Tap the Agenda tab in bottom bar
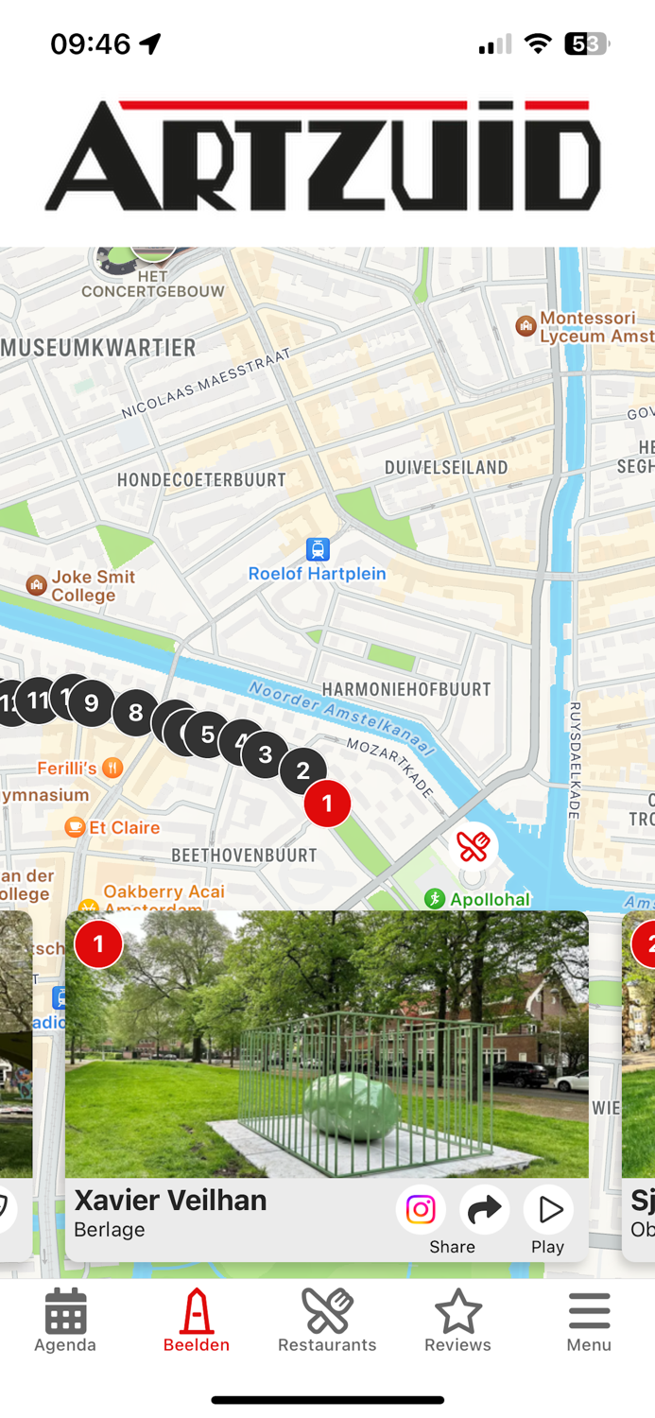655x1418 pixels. pos(65,1321)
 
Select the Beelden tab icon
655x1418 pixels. pos(197,1321)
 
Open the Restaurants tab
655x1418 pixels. pos(327,1321)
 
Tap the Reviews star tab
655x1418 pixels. pos(457,1321)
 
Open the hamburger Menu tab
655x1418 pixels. pos(589,1321)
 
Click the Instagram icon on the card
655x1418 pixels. pos(421,1209)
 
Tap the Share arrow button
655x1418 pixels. pos(484,1209)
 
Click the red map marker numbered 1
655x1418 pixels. pos(327,804)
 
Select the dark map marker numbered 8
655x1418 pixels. pos(135,713)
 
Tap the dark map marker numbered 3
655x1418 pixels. pos(266,754)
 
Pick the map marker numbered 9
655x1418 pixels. pos(92,703)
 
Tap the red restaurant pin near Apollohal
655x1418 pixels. pos(473,846)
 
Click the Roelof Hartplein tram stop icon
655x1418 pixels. pos(318,549)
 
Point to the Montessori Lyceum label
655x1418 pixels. pos(586,327)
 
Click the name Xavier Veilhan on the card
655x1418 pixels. pos(170,1201)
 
